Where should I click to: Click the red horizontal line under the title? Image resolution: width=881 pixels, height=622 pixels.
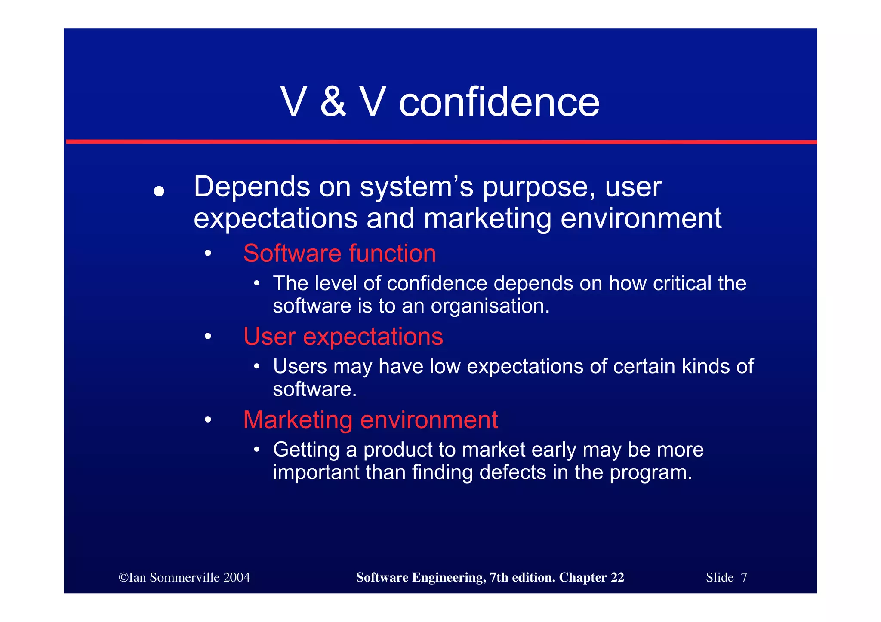click(441, 141)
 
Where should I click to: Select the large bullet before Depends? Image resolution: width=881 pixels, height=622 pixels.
click(159, 191)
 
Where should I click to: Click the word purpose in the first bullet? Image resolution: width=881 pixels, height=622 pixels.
click(539, 188)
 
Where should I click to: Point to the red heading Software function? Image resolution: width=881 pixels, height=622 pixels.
click(339, 253)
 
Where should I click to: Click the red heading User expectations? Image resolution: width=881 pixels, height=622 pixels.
click(343, 336)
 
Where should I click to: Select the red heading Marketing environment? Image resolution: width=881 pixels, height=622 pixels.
click(370, 420)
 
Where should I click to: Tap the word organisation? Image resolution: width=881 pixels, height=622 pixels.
click(490, 306)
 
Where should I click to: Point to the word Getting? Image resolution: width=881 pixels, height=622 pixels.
click(306, 450)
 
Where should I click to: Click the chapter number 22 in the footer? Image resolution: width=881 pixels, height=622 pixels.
click(617, 577)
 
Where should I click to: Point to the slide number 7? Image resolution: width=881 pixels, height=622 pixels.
click(744, 577)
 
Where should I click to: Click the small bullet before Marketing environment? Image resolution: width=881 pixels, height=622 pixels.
click(208, 420)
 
